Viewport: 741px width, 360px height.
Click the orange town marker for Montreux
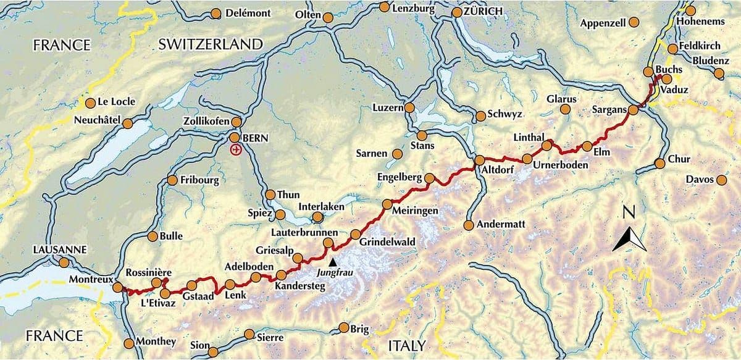click(x=117, y=287)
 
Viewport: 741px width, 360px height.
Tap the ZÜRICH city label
click(x=482, y=11)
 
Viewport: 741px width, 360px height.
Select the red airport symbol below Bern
click(x=235, y=150)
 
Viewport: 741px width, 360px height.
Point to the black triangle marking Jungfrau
click(x=334, y=262)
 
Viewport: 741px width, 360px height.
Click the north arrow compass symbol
click(x=629, y=240)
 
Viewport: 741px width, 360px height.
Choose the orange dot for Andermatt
click(x=469, y=225)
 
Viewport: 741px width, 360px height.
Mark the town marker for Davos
click(x=721, y=180)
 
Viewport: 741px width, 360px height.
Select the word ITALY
click(x=406, y=344)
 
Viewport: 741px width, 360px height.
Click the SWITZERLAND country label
click(x=211, y=44)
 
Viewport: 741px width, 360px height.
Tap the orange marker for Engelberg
click(x=430, y=178)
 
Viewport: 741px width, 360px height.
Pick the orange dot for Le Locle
click(x=91, y=103)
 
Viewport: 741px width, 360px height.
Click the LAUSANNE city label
click(x=61, y=250)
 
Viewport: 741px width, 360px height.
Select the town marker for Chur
click(x=659, y=164)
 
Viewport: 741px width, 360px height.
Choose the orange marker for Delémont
click(x=216, y=14)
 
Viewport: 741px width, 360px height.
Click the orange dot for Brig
click(x=344, y=328)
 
